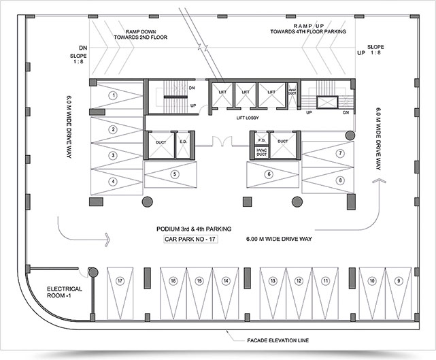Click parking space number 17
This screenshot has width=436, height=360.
[x=120, y=280]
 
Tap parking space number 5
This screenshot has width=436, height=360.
[x=175, y=174]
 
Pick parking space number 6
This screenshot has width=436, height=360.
[x=269, y=174]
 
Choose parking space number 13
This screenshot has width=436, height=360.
[x=273, y=280]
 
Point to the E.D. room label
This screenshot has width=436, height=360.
[x=182, y=142]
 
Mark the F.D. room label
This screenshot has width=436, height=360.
[x=261, y=141]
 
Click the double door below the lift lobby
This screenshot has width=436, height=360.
[x=220, y=142]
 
